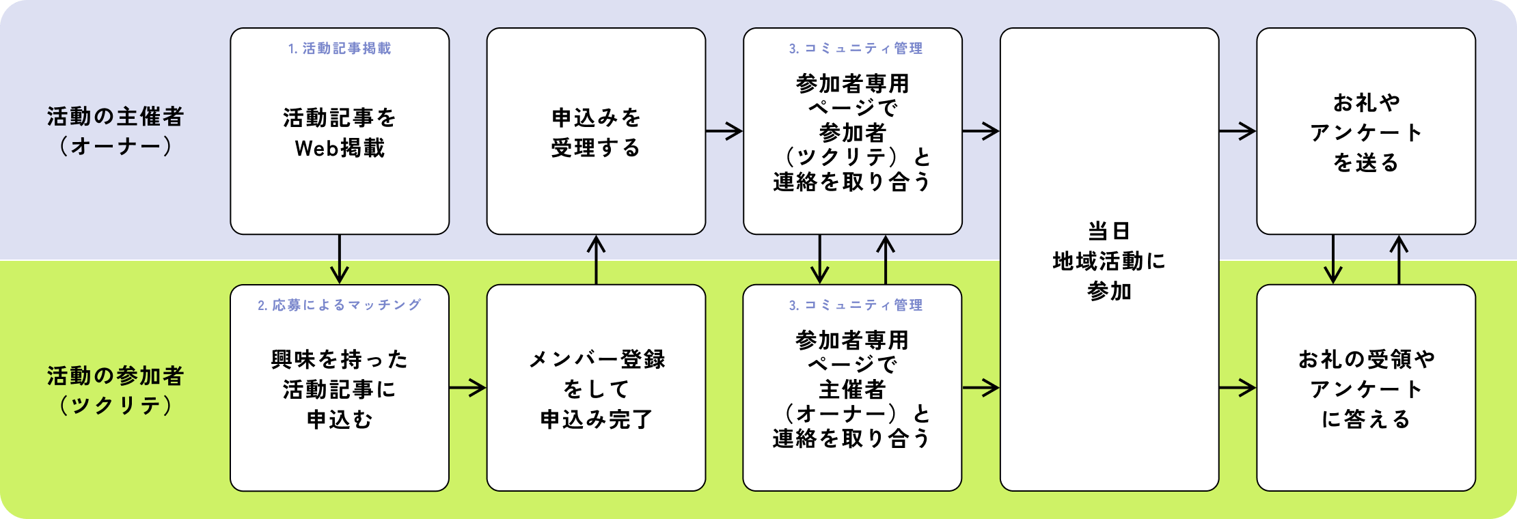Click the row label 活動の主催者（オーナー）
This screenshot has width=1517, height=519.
115,131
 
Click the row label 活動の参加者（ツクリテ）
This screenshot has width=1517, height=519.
115,391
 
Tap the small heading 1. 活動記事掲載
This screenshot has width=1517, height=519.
340,48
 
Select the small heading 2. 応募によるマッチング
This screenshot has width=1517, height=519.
340,305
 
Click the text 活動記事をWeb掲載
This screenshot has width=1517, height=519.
340,132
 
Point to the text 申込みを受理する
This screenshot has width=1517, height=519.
596,132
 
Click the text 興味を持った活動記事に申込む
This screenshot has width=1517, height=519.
340,389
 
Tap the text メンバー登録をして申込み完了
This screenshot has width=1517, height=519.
596,389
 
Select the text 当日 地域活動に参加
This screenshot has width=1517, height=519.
1109,261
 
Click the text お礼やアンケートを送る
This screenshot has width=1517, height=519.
1365,132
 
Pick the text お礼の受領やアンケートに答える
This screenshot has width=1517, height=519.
1365,389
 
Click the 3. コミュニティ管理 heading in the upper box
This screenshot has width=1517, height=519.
856,48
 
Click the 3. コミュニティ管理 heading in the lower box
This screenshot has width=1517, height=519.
856,305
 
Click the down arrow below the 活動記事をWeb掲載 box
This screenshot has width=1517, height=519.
340,259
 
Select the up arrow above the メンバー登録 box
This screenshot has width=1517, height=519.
597,259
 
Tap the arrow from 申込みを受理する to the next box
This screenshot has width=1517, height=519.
724,131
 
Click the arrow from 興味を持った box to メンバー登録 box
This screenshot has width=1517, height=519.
467,388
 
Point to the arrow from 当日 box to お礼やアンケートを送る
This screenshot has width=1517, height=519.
1237,131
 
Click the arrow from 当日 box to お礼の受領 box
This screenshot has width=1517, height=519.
1237,388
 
